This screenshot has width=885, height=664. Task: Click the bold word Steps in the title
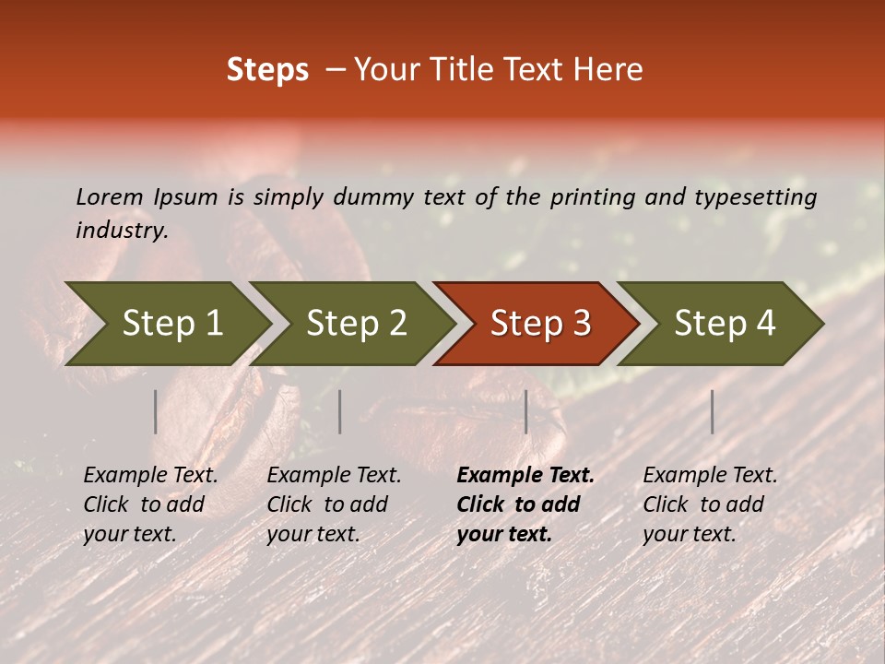267,70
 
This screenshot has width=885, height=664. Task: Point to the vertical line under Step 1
156,411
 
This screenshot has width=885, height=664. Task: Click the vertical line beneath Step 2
340,411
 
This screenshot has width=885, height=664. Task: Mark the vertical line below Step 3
526,411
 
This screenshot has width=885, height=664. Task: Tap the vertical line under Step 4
713,411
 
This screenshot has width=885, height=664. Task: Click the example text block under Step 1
150,504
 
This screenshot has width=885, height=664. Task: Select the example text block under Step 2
334,504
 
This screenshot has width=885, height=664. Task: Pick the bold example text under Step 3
525,504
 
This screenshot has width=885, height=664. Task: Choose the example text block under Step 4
710,504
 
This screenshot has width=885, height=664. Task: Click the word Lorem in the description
110,197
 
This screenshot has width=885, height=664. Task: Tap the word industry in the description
121,231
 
